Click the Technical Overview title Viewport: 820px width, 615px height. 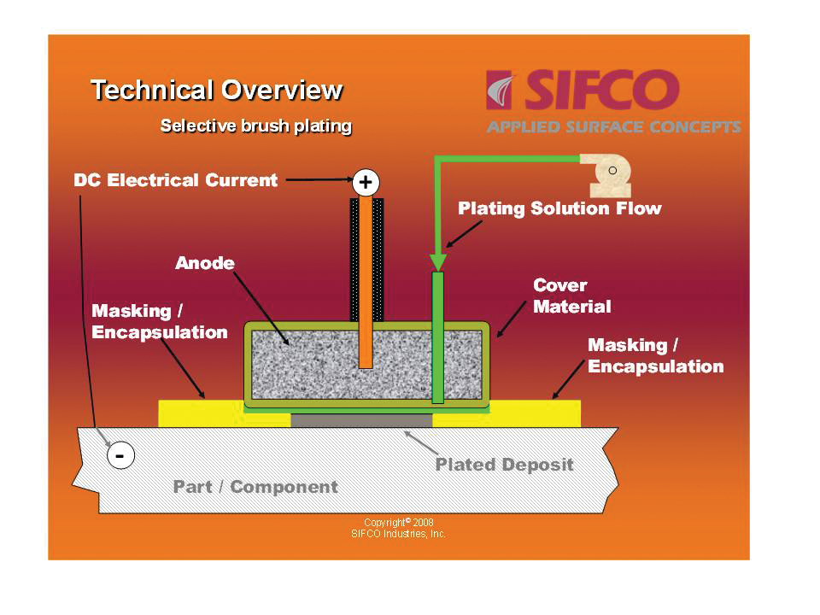[x=216, y=90]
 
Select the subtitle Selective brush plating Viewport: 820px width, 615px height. [x=256, y=126]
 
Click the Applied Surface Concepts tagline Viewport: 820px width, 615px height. [x=613, y=127]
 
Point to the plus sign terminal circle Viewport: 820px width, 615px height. [x=366, y=182]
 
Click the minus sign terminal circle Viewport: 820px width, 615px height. [x=120, y=457]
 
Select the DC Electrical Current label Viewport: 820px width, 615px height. [x=176, y=180]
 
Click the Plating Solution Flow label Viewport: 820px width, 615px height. [x=559, y=208]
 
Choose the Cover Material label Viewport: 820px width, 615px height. [x=571, y=296]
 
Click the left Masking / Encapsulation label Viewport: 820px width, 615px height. [x=160, y=321]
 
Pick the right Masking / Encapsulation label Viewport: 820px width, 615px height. [x=655, y=355]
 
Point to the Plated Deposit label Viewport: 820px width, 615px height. [x=504, y=466]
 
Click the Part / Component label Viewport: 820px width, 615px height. [x=255, y=487]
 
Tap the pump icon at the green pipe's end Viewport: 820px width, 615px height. [x=607, y=174]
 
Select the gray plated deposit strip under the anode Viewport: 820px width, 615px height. [x=361, y=420]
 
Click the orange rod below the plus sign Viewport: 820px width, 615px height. [x=366, y=282]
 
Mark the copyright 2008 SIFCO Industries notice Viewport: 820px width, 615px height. [x=398, y=528]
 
